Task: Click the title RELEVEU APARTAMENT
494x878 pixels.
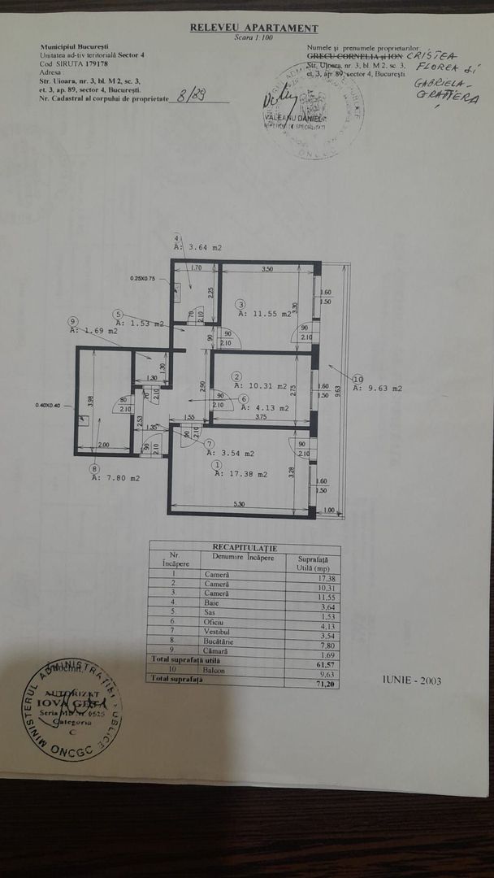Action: [253, 28]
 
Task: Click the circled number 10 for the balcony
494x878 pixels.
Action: [358, 378]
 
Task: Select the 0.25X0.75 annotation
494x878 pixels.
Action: [144, 278]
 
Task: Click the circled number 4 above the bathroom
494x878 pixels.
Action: [177, 237]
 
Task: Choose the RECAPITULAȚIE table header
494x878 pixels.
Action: [245, 548]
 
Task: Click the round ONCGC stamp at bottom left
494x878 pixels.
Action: [73, 710]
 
